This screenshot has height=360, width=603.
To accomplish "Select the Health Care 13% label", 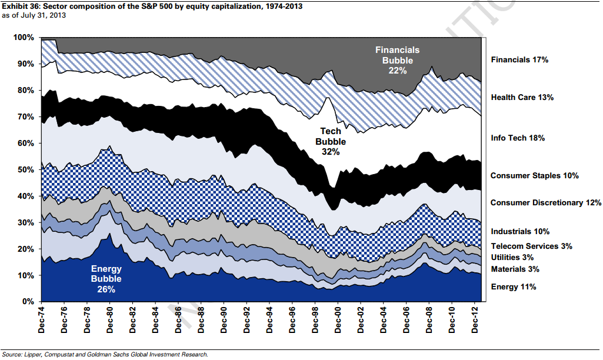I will [x=522, y=98].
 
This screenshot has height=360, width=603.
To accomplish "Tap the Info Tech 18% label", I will [x=518, y=138].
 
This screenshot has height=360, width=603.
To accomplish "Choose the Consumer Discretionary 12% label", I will [x=546, y=203].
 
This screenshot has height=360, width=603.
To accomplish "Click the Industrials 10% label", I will [x=519, y=232].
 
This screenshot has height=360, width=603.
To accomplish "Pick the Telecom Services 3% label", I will [x=531, y=246].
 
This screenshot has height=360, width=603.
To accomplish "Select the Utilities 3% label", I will [x=512, y=258].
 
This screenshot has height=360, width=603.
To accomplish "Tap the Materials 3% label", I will [x=514, y=269].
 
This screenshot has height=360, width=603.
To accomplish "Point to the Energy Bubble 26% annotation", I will [x=106, y=279].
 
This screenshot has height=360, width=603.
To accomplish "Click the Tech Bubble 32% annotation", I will [x=330, y=141].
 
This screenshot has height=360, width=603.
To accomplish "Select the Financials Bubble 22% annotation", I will [x=398, y=60].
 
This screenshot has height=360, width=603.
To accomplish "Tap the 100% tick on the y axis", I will [x=24, y=38].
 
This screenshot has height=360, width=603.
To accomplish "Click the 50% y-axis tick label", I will [x=25, y=169].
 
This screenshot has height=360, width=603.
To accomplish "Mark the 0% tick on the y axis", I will [x=28, y=302].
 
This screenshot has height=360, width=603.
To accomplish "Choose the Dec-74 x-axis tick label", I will [x=42, y=320].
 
